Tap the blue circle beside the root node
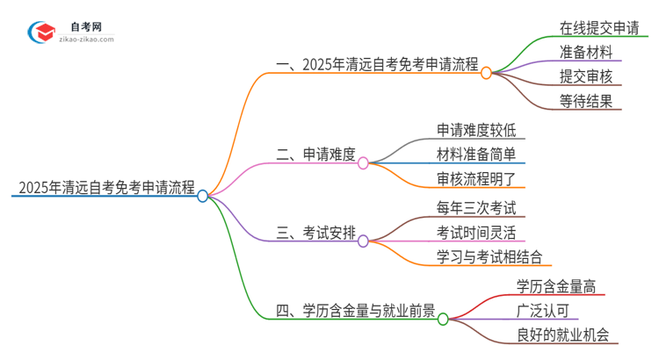click(203, 196)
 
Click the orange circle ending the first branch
click(486, 73)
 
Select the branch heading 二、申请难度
click(315, 155)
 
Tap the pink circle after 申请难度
click(363, 163)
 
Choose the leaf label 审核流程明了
click(481, 179)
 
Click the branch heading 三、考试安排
click(315, 232)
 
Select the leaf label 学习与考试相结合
click(489, 256)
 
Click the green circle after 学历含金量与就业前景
click(442, 319)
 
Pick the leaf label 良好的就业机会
click(562, 334)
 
